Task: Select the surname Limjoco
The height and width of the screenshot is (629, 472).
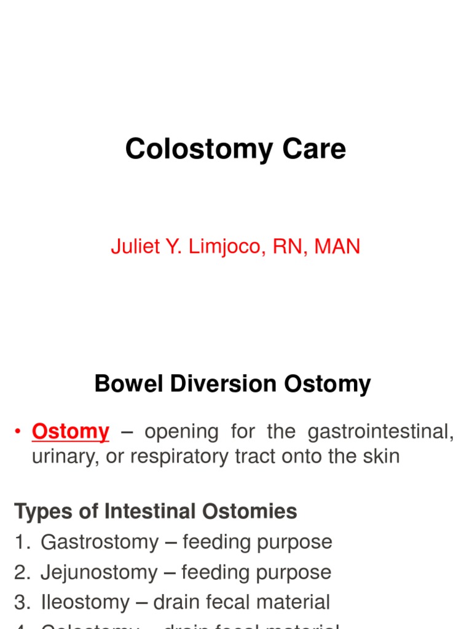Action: pos(217,247)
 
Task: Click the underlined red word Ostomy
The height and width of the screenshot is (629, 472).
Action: pos(70,432)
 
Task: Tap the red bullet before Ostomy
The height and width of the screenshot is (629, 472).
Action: pos(18,432)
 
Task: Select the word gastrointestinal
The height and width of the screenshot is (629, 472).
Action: pos(381,432)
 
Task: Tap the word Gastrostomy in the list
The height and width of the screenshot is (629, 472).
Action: pos(100,542)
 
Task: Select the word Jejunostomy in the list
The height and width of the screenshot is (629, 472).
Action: pos(100,572)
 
